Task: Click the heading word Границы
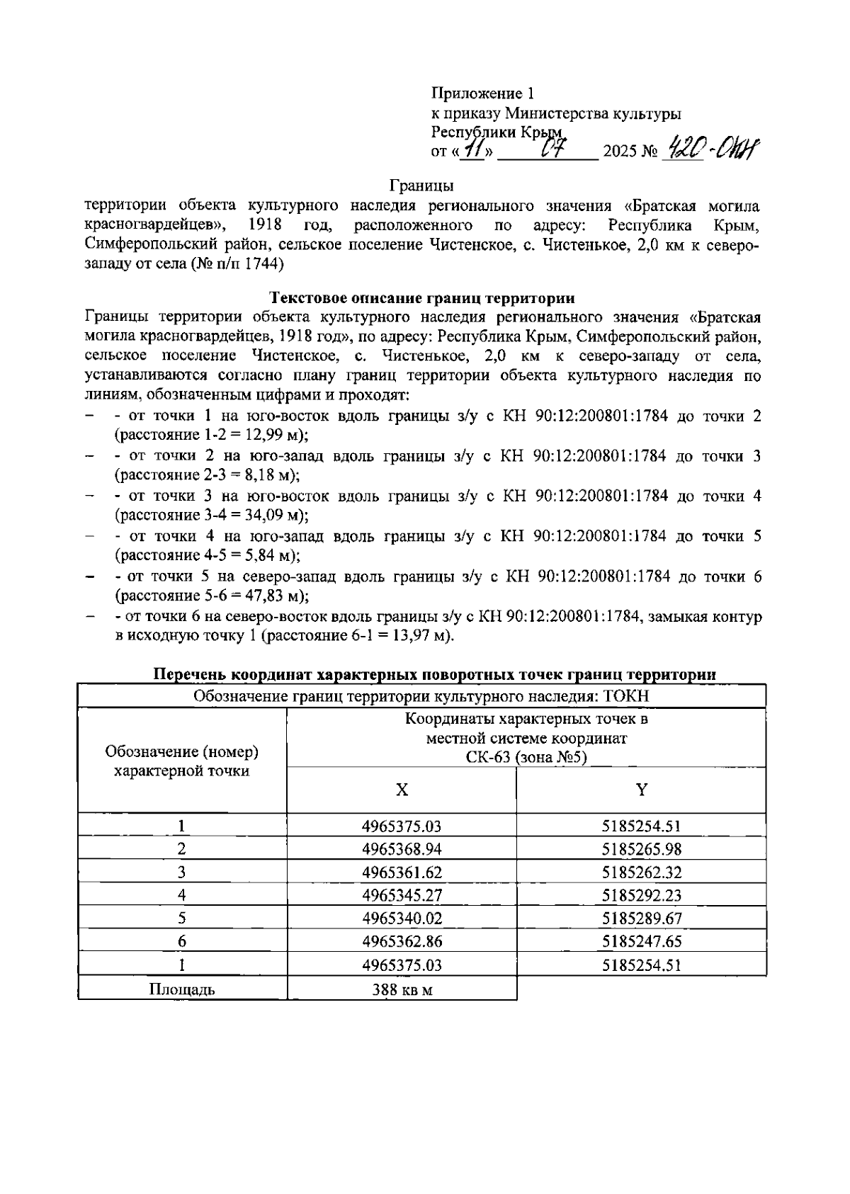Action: [x=422, y=186]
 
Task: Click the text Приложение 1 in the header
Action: [x=482, y=93]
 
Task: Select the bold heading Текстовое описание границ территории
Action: [x=423, y=298]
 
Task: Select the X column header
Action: [x=402, y=790]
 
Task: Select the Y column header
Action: [x=641, y=790]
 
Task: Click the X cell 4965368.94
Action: [x=402, y=849]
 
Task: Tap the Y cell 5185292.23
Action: [x=641, y=895]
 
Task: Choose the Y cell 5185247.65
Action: [x=641, y=941]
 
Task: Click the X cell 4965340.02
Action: [x=402, y=919]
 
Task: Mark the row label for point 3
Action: [x=182, y=872]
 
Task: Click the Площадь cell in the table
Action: [x=182, y=989]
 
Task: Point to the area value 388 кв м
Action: [x=402, y=989]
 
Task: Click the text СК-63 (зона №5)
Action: [x=526, y=757]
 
